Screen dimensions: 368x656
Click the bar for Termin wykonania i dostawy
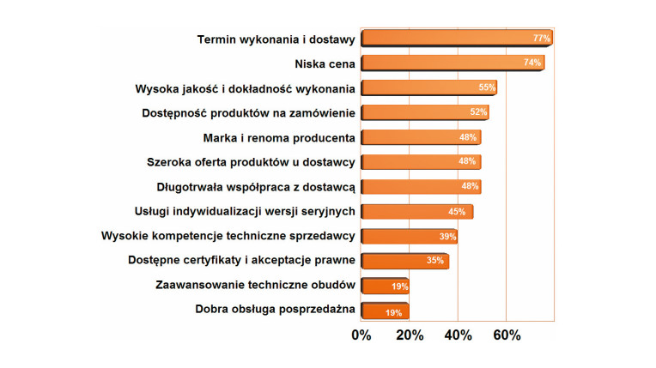point(455,39)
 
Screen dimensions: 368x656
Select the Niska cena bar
point(452,63)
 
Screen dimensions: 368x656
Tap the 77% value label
point(541,39)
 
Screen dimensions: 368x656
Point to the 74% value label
point(533,63)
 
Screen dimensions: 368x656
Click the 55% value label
point(487,87)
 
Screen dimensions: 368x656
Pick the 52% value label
point(479,112)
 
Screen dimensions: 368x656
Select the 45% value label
point(457,211)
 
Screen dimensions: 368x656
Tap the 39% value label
point(447,236)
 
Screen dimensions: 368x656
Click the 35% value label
point(435,261)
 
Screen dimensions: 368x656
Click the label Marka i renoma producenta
point(279,137)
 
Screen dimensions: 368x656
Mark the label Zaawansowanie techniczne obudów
point(255,285)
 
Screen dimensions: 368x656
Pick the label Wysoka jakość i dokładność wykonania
point(245,87)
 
